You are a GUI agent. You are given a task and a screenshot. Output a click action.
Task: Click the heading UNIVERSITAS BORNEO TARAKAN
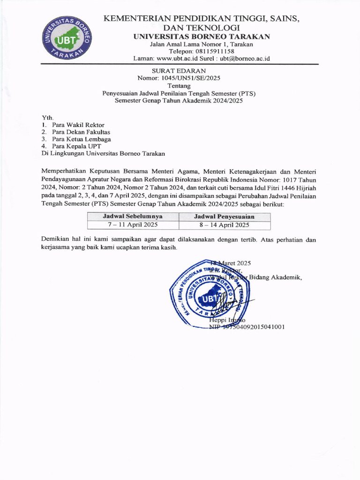[x=201, y=37]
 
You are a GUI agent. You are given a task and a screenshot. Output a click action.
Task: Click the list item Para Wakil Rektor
[x=78, y=125]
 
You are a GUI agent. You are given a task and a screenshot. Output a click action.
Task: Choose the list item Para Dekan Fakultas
[x=81, y=132]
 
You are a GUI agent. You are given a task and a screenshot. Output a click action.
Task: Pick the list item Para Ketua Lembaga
[x=82, y=139]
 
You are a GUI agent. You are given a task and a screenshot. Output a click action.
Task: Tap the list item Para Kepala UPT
[x=76, y=146]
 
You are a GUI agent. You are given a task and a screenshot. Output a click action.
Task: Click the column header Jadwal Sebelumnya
[x=133, y=217]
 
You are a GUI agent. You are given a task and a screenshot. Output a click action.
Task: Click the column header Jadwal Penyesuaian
[x=225, y=217]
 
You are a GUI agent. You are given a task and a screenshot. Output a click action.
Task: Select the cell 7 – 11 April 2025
[x=133, y=225]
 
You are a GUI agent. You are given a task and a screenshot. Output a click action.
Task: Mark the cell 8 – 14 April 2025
[x=225, y=225]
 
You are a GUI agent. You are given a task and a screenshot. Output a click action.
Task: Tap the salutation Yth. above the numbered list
[x=47, y=117]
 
